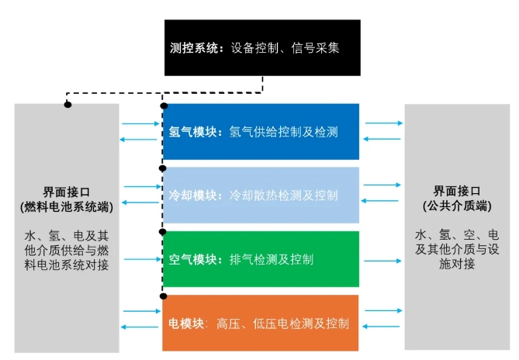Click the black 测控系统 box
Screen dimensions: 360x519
click(x=262, y=48)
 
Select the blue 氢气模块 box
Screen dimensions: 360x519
click(x=261, y=132)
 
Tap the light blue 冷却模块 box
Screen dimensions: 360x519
click(x=261, y=195)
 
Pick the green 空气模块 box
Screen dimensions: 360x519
click(x=261, y=259)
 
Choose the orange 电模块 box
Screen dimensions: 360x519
click(x=261, y=323)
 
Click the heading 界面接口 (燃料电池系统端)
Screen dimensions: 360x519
click(x=66, y=199)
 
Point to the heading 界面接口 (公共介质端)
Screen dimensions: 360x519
click(x=457, y=199)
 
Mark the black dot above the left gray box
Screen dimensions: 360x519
click(x=67, y=103)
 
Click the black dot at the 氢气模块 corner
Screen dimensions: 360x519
click(x=163, y=104)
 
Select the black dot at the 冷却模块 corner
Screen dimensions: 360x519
click(x=163, y=168)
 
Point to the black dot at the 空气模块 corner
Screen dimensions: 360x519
click(x=163, y=231)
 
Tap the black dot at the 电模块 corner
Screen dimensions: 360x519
click(x=163, y=295)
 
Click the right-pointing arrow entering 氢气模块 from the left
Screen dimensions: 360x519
click(x=140, y=123)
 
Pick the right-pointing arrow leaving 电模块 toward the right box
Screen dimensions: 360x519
click(x=382, y=310)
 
